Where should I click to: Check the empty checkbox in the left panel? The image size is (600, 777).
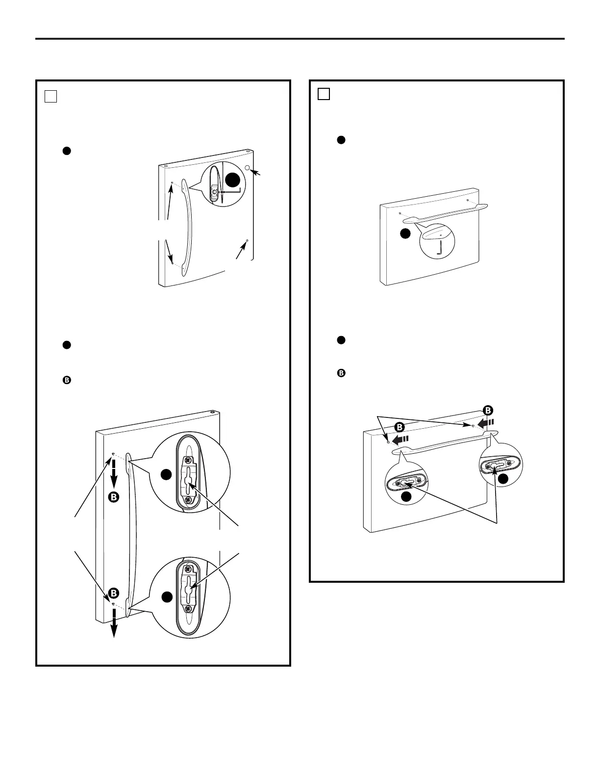(51, 97)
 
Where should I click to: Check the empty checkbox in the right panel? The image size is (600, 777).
(324, 94)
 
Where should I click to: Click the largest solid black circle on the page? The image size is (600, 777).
(232, 180)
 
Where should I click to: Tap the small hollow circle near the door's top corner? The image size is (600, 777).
(247, 167)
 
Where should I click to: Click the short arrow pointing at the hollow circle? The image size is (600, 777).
(255, 172)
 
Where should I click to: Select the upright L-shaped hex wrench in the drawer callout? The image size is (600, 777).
(439, 249)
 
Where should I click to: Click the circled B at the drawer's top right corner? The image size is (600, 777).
(488, 410)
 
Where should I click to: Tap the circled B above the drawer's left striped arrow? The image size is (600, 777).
(400, 427)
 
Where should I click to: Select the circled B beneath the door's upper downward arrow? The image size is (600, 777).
(114, 497)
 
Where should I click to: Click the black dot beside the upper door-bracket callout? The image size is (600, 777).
(166, 475)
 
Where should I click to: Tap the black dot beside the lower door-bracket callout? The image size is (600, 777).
(167, 597)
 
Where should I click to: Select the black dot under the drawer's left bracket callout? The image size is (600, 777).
(406, 497)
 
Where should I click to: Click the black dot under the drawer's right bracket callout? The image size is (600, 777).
(503, 479)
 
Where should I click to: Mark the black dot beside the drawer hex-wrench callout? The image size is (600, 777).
(405, 233)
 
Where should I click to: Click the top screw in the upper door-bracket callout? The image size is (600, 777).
(187, 459)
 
